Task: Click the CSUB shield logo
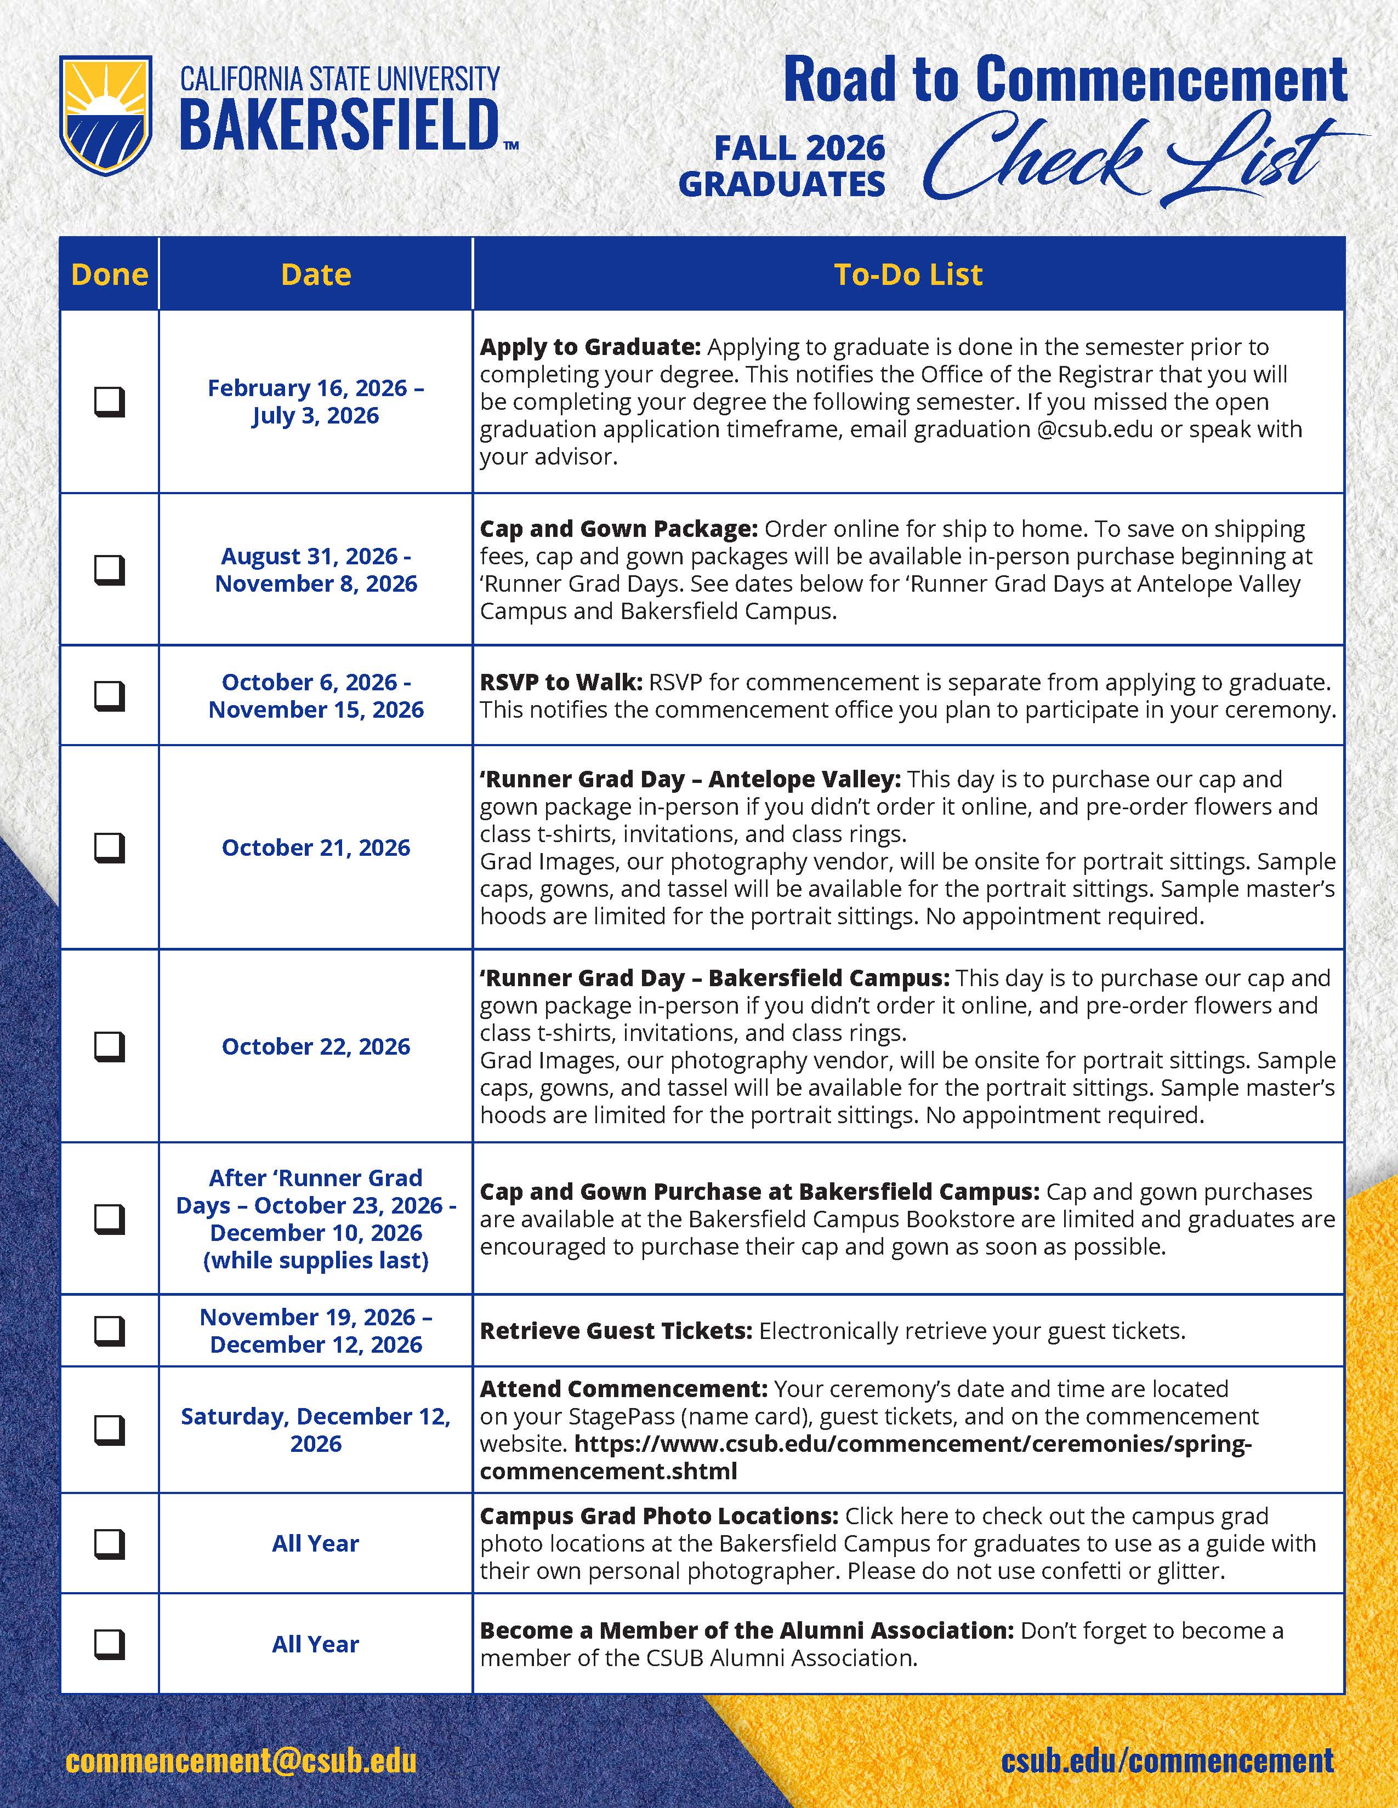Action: point(105,115)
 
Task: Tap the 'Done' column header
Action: point(109,274)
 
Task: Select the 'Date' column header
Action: point(316,274)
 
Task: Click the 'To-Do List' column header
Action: point(908,274)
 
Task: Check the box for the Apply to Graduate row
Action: point(109,402)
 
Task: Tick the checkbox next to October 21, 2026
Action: point(109,848)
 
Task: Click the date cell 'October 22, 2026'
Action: point(316,1046)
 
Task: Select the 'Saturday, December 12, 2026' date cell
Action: point(316,1429)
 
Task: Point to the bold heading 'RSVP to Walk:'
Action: point(561,682)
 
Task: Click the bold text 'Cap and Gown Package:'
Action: point(618,529)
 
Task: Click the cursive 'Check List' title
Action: point(1127,162)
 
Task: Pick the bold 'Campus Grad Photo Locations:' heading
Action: point(659,1516)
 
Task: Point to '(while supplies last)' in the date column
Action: point(316,1260)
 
